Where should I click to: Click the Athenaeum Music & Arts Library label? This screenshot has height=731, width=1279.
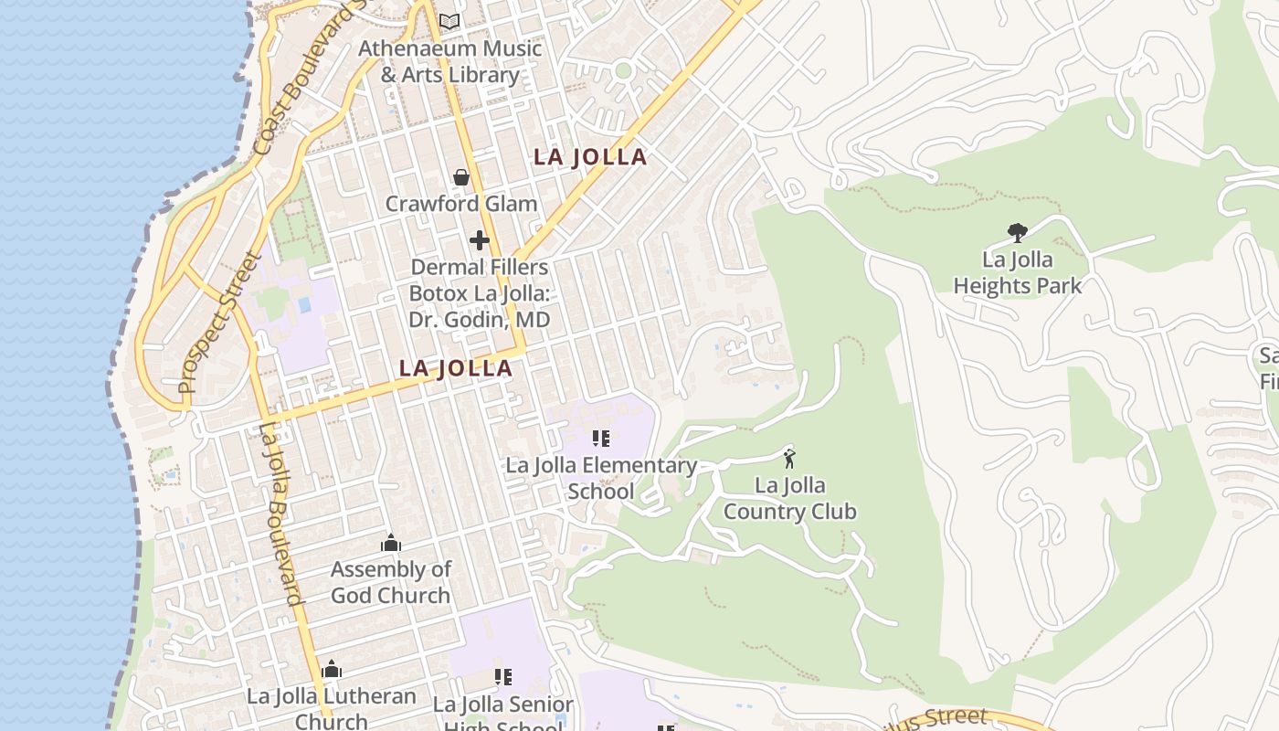click(449, 61)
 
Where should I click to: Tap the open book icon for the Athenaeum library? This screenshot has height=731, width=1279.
click(449, 21)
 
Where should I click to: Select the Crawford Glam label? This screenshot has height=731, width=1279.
click(461, 203)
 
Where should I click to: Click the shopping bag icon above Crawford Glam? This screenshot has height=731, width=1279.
click(461, 177)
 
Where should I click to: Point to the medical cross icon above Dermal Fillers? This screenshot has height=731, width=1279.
click(479, 240)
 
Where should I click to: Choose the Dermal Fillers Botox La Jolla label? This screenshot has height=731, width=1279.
click(480, 293)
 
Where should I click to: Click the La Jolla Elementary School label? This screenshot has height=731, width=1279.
click(601, 478)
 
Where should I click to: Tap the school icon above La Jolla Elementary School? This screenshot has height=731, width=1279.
click(600, 439)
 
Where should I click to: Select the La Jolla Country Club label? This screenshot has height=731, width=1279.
click(790, 498)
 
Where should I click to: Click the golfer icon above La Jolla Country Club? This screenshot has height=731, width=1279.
click(789, 458)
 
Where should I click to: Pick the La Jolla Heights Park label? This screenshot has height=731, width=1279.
click(1018, 272)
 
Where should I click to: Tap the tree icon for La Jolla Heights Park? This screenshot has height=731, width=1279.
click(1017, 233)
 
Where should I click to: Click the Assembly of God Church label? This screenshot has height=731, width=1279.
click(391, 582)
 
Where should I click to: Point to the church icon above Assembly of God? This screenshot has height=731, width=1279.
click(391, 544)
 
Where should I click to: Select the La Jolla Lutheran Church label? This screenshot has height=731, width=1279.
click(332, 707)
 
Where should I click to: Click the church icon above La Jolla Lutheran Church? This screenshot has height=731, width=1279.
click(332, 670)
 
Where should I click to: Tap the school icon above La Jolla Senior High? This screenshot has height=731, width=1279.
click(502, 677)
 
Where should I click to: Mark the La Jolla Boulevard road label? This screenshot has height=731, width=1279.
click(280, 514)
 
